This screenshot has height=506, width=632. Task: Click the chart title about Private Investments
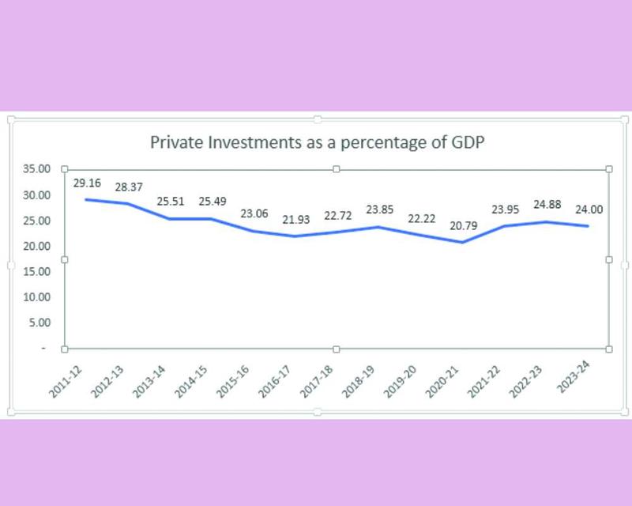click(317, 144)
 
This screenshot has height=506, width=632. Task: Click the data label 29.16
click(86, 183)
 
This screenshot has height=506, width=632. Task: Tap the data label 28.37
click(129, 188)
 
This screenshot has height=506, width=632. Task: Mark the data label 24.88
click(549, 206)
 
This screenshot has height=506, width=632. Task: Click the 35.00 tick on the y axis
click(36, 169)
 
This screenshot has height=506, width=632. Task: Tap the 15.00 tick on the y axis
click(36, 272)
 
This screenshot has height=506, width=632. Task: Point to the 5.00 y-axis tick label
click(38, 323)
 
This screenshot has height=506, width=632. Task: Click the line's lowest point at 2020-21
click(462, 242)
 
